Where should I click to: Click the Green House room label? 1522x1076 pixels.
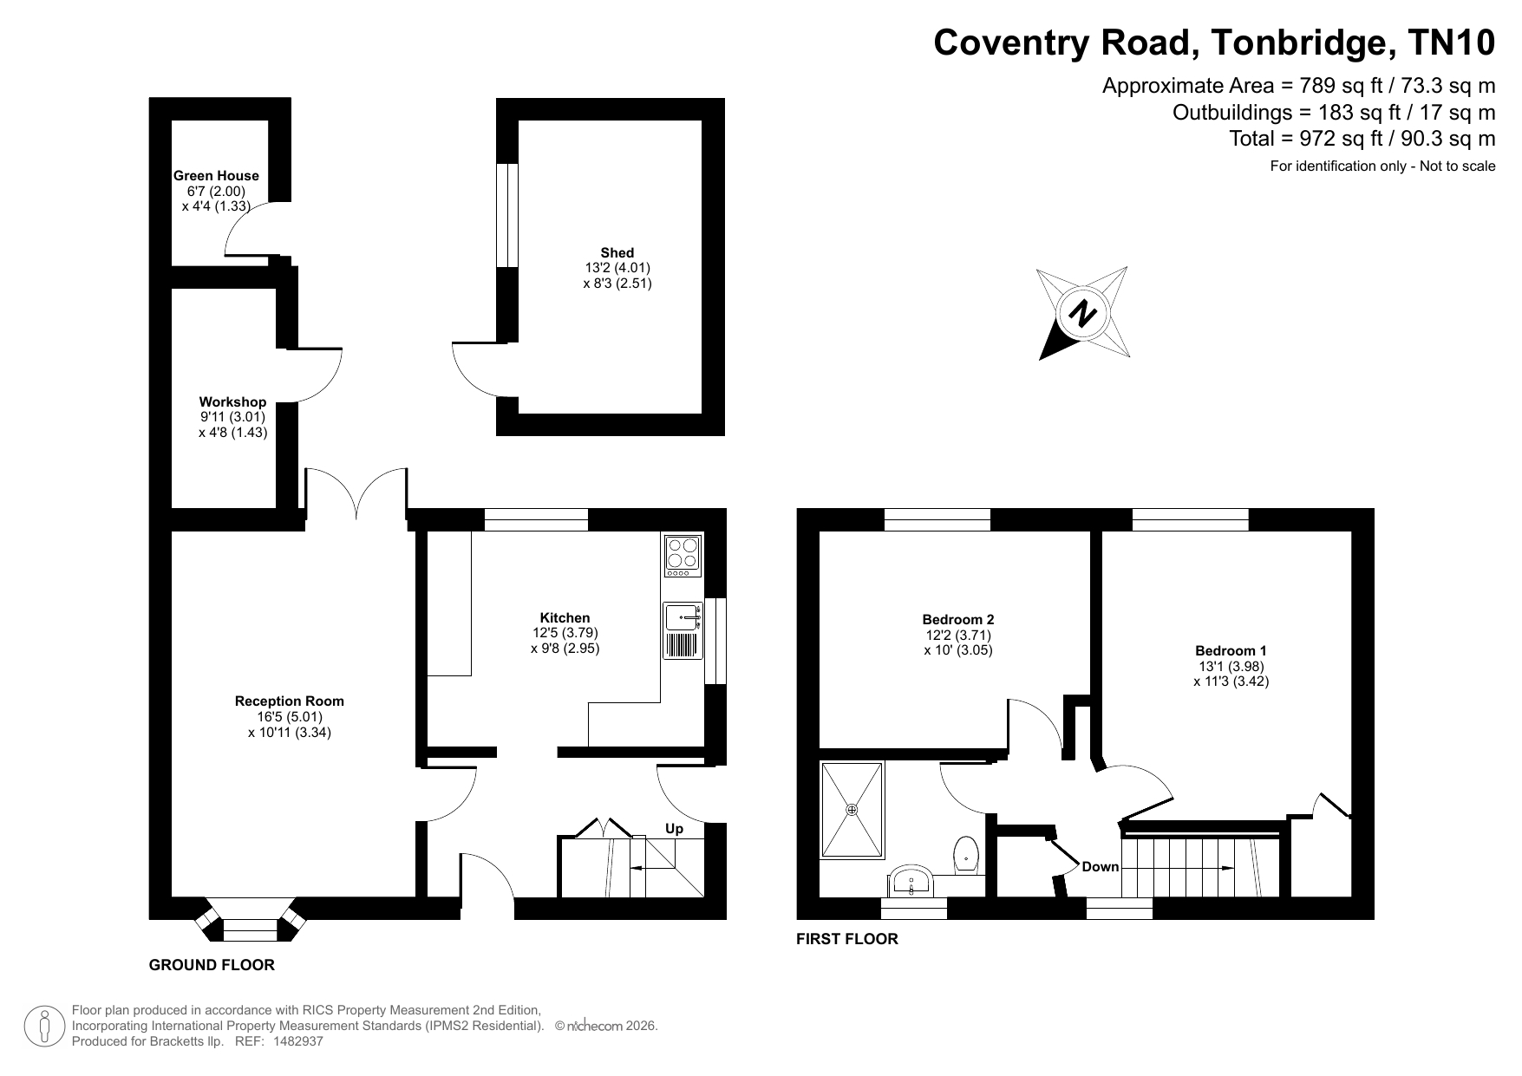click(216, 176)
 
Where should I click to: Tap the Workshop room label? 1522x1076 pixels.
click(232, 401)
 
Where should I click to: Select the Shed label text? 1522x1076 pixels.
click(617, 253)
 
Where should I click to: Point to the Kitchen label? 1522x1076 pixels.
click(565, 618)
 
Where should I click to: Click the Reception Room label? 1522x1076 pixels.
click(290, 701)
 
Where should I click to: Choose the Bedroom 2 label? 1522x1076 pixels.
click(958, 620)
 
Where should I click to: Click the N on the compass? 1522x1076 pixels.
click(1081, 313)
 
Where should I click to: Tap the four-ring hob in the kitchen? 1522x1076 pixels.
click(683, 556)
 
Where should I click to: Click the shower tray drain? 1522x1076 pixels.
click(852, 810)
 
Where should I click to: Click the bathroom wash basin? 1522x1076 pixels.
click(911, 881)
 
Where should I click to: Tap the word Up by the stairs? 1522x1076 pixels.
click(674, 829)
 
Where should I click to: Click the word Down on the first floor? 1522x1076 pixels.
click(1101, 867)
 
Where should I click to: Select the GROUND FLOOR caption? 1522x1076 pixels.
click(212, 965)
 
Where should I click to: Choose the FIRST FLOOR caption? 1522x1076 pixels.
click(847, 939)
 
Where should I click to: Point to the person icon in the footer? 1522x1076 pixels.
click(44, 1027)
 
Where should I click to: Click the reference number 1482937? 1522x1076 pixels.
click(297, 1041)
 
